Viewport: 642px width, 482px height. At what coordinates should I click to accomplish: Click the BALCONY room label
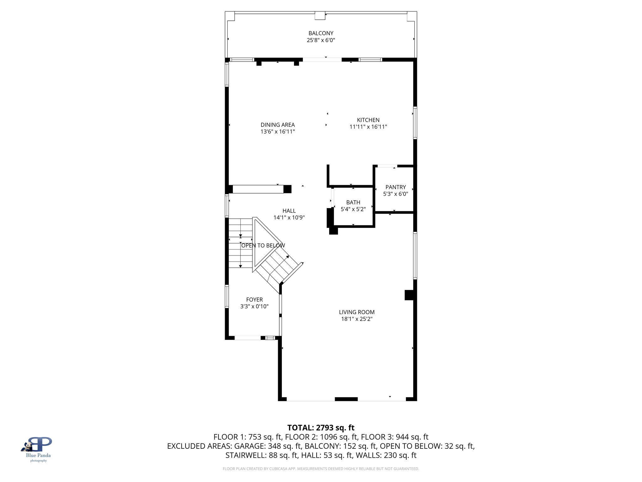(321, 33)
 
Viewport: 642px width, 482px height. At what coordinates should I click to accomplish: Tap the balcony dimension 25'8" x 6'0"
(321, 40)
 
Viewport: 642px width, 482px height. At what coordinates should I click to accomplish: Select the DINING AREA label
(277, 125)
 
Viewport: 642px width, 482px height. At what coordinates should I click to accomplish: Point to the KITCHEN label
(368, 120)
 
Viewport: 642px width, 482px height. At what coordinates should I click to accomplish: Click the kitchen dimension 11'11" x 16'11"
(368, 127)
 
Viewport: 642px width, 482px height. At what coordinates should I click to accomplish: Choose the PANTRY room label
(395, 187)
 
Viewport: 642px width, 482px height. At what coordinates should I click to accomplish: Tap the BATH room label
(353, 202)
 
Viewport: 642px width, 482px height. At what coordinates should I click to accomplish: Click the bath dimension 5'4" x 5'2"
(353, 209)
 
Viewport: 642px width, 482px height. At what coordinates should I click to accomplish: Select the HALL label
(289, 211)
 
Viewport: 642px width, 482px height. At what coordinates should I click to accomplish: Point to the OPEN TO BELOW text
(263, 246)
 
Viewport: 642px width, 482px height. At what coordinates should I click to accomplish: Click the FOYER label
(254, 300)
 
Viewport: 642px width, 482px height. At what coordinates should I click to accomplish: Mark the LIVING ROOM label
(356, 312)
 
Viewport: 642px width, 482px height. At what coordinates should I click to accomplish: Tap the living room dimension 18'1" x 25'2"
(356, 319)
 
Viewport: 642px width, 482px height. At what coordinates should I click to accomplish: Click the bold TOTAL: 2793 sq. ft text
(321, 428)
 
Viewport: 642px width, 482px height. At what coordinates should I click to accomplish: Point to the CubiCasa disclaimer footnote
(321, 469)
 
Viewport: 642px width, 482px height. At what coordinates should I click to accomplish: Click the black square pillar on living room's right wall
(409, 295)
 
